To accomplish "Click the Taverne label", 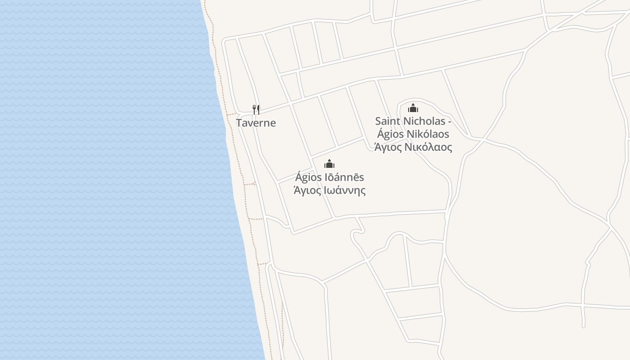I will [256, 123].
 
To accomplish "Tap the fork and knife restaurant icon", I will [256, 109].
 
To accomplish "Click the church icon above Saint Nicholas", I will [413, 108].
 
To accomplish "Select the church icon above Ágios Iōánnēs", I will [329, 164].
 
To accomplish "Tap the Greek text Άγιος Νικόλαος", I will [413, 147].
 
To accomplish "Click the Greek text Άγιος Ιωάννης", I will [329, 190].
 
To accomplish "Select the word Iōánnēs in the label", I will [344, 177].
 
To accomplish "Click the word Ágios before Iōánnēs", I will [308, 177].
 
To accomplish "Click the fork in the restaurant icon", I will [254, 109].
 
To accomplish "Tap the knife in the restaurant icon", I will [258, 109].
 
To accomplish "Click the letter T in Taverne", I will [239, 123].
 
